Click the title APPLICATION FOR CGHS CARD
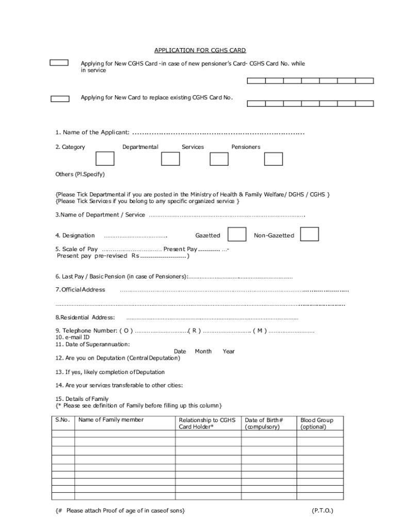[200, 50]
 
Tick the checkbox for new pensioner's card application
[59, 63]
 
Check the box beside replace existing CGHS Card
[60, 99]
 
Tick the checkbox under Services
[170, 159]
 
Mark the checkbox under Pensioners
[219, 159]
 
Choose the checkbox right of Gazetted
[237, 235]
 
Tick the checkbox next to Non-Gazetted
[309, 235]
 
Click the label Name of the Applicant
[92, 132]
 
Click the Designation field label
[75, 236]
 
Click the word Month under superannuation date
[203, 351]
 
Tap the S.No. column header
[62, 420]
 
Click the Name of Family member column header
[111, 420]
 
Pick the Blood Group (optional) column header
[317, 424]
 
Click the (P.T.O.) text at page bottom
[323, 510]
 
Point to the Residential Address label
[85, 317]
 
